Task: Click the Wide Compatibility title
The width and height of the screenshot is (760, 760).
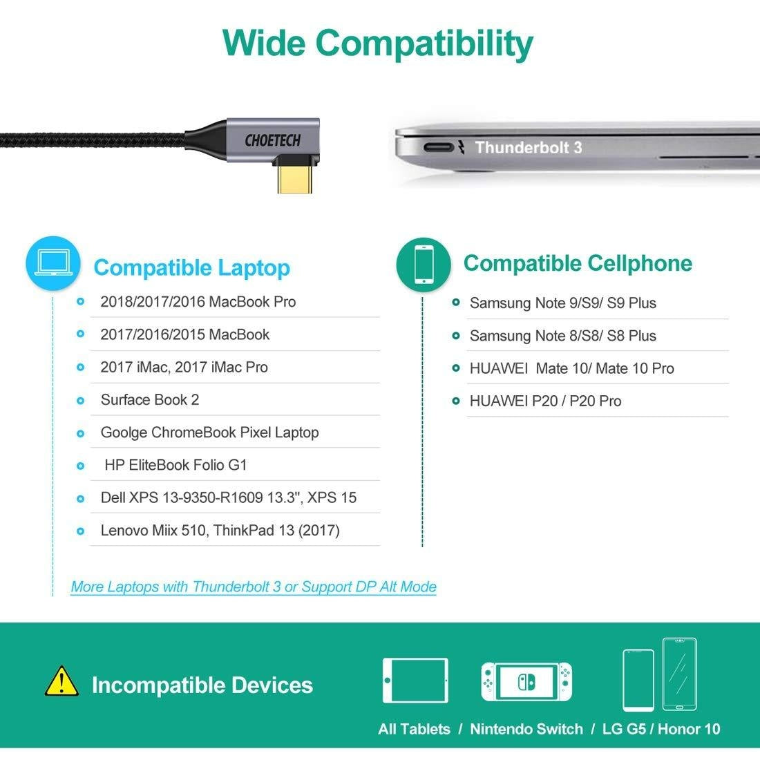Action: [x=377, y=43]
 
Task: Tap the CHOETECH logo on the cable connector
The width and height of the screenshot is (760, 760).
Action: [x=272, y=141]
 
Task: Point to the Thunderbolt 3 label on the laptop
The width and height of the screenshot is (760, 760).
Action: [x=529, y=147]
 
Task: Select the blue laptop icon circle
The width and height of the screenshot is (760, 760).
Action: [x=53, y=263]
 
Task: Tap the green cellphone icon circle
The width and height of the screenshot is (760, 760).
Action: [x=424, y=263]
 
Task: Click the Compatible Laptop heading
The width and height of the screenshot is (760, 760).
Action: [x=191, y=268]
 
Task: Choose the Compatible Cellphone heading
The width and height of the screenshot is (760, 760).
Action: [x=578, y=263]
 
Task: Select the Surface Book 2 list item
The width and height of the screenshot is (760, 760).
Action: [x=150, y=400]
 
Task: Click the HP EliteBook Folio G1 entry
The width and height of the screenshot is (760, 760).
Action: [x=175, y=465]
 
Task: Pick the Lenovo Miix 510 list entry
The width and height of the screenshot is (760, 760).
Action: [x=220, y=531]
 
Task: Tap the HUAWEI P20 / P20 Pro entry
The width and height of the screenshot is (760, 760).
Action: [x=545, y=401]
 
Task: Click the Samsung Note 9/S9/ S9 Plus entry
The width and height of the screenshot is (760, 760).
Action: [x=562, y=303]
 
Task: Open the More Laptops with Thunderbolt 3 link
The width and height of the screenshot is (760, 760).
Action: [x=254, y=587]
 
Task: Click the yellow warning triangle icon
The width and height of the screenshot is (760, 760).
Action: [x=61, y=681]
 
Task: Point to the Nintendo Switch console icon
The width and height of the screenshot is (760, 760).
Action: [x=526, y=681]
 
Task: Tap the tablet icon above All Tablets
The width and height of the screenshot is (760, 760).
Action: [x=415, y=681]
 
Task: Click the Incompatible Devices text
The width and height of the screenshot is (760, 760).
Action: [x=202, y=685]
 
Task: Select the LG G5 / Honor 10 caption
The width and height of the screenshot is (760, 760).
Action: [x=661, y=729]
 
